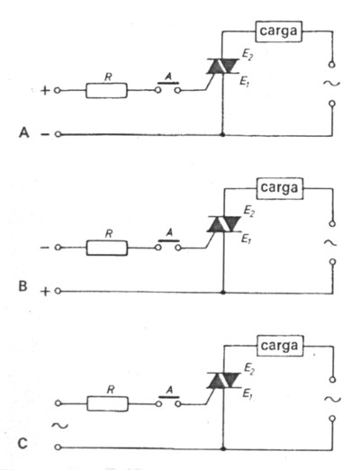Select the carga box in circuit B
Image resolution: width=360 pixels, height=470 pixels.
point(279,190)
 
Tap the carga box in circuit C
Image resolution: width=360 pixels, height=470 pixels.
point(279,346)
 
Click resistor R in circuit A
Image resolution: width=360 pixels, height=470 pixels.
point(106,91)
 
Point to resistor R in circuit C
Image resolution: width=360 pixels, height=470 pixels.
point(106,401)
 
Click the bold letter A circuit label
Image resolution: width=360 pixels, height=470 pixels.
point(23,133)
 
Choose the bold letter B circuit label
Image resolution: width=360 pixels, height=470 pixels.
point(23,290)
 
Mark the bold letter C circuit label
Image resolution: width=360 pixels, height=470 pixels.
point(24,447)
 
